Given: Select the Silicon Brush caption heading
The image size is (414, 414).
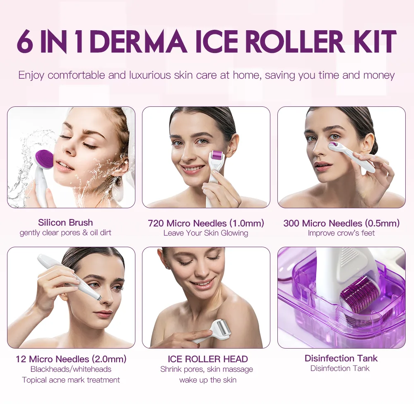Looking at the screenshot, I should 65,223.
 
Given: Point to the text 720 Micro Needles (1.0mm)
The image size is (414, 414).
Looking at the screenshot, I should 206,223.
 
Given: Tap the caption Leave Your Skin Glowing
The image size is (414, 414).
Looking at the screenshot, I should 206,233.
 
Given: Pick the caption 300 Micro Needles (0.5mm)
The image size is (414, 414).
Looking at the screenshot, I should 341,223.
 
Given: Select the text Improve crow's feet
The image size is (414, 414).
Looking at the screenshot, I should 341,233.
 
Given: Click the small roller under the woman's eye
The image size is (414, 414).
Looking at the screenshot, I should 335,145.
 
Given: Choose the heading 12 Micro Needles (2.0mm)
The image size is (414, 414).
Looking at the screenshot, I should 71,359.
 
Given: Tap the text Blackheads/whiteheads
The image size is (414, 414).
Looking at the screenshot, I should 71,369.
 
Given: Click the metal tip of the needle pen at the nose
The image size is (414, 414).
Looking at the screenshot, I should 98,296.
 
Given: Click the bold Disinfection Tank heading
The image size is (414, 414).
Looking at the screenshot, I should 341,358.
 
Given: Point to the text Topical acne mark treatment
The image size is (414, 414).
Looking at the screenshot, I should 71,380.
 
